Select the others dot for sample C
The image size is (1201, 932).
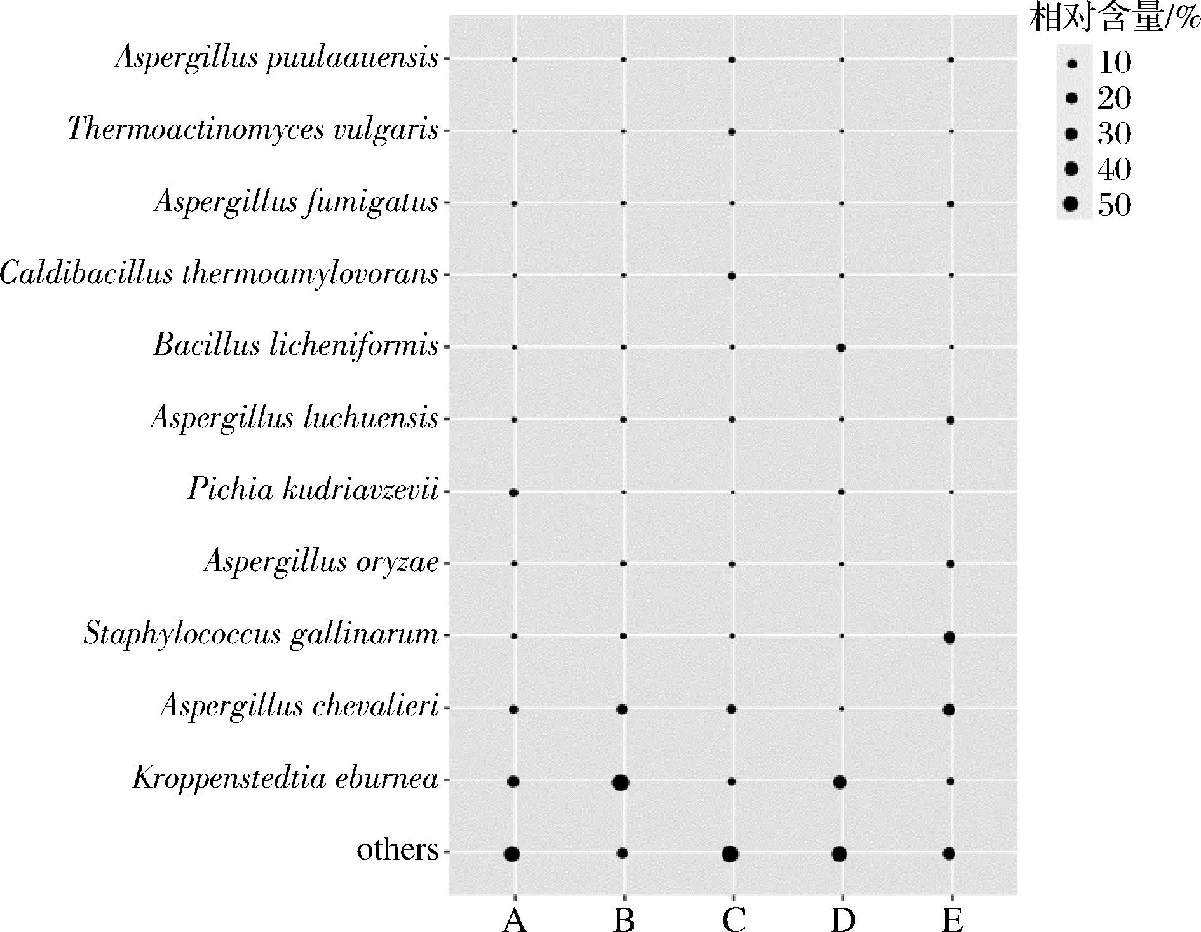click(x=730, y=854)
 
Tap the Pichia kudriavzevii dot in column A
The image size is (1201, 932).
click(x=513, y=493)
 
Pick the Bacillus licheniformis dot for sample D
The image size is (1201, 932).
click(x=840, y=348)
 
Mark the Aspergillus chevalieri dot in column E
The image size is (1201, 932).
click(x=949, y=709)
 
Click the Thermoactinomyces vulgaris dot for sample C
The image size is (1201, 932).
click(x=731, y=132)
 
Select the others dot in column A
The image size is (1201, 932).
click(x=512, y=854)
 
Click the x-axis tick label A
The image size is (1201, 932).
click(x=514, y=919)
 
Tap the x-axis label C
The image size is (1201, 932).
click(x=733, y=919)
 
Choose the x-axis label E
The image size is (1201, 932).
click(x=952, y=919)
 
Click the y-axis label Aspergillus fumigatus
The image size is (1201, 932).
click(x=296, y=203)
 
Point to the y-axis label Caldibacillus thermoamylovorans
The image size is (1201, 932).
click(x=219, y=275)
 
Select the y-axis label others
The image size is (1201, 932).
click(x=398, y=849)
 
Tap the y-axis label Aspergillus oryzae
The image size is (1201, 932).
click(x=322, y=563)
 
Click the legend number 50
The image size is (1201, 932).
click(x=1115, y=205)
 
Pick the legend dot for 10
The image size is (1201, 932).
click(x=1073, y=64)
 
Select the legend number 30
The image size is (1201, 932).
click(x=1115, y=134)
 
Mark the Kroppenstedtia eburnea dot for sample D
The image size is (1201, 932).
click(x=839, y=782)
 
